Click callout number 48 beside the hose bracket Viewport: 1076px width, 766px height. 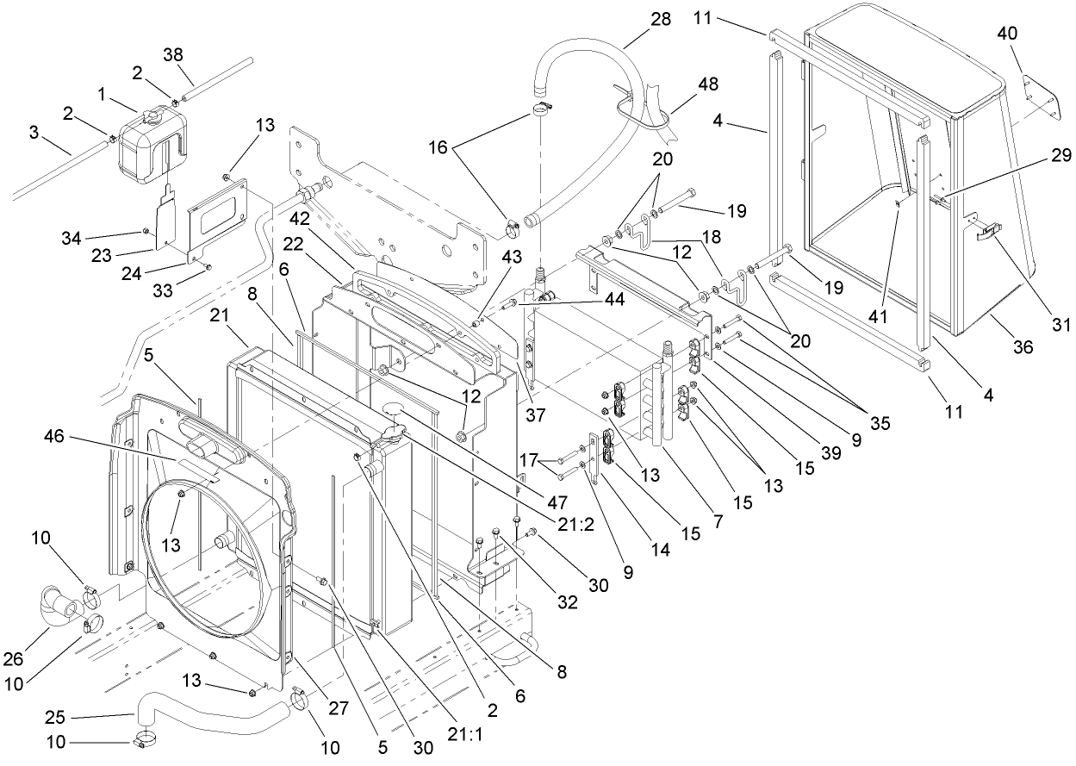[x=709, y=85]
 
